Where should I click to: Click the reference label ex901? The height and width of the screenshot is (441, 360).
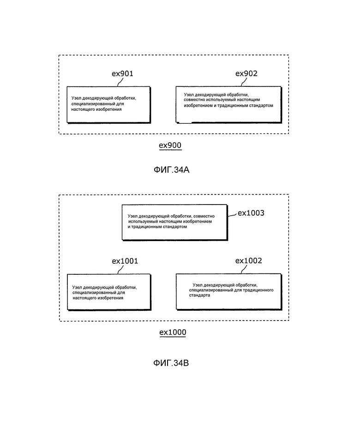(122, 74)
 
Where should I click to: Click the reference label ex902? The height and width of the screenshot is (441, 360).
(246, 73)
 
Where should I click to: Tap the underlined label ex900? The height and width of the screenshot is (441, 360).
(170, 145)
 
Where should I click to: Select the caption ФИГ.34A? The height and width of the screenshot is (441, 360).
(171, 170)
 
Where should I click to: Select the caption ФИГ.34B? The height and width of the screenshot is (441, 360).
(171, 363)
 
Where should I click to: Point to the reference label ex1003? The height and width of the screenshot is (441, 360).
(251, 213)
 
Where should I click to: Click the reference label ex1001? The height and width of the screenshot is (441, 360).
(125, 261)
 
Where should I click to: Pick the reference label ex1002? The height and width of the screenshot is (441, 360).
(248, 261)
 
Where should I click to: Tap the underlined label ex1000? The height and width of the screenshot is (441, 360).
(173, 332)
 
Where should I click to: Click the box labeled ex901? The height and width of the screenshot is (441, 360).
(109, 105)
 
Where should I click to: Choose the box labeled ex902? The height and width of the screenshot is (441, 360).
(228, 104)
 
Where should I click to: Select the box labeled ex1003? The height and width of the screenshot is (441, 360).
(174, 222)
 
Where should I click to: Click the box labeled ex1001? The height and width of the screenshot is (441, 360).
(109, 292)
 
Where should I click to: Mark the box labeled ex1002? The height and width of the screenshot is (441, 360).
(229, 292)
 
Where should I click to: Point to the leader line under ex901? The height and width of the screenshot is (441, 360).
(120, 82)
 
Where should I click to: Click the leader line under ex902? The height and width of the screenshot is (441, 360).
(244, 82)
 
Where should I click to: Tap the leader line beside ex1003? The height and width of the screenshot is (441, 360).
(232, 215)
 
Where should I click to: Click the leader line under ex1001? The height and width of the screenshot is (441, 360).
(120, 270)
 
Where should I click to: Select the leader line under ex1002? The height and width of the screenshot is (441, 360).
(244, 269)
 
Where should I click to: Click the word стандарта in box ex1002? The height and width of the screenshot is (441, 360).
(199, 296)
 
